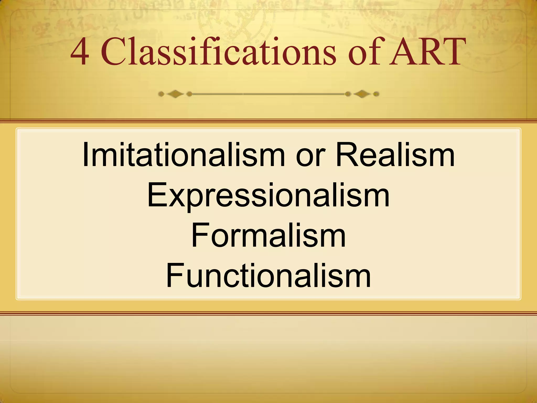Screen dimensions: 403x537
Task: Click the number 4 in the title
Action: [80, 52]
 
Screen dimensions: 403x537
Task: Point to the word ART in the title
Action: [425, 52]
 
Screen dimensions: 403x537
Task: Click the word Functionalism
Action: [268, 275]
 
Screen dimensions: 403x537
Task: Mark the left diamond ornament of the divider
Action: [175, 94]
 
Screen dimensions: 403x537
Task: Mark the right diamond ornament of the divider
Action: [362, 94]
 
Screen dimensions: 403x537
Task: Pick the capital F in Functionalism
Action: [174, 275]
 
